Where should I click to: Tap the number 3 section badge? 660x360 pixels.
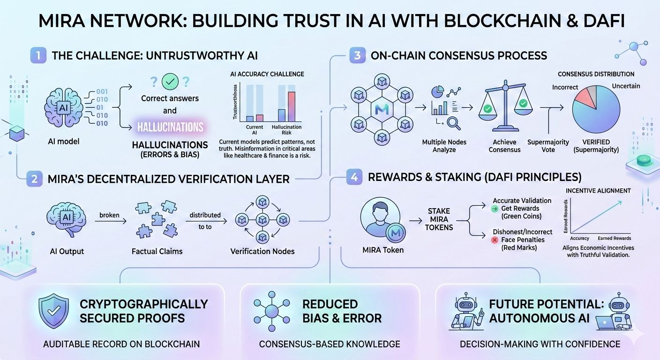357,55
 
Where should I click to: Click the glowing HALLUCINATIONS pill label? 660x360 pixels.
170,127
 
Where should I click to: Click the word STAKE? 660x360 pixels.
438,211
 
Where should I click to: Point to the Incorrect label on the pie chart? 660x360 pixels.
565,88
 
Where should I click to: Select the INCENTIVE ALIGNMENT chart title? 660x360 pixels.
598,191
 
